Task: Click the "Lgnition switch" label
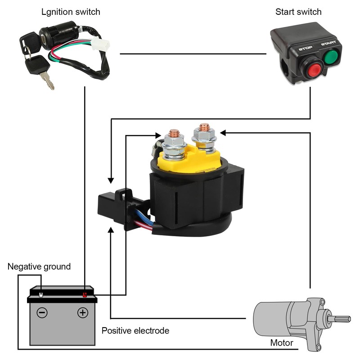tap(71, 12)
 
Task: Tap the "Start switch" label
tap(298, 12)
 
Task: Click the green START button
tap(331, 56)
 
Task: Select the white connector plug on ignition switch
tap(100, 44)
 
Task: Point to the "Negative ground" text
tap(39, 266)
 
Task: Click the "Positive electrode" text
tap(135, 331)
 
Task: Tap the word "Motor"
tap(282, 343)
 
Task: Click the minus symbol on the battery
tap(42, 312)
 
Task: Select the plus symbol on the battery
tap(83, 312)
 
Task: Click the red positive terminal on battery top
tap(85, 295)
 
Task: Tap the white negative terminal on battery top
tap(41, 295)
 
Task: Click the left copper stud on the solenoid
tap(174, 133)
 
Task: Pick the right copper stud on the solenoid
tap(204, 127)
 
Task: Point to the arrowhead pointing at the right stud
tap(223, 133)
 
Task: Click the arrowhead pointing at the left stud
tap(158, 135)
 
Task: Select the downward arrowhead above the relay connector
tap(111, 181)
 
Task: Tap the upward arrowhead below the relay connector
tap(111, 230)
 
